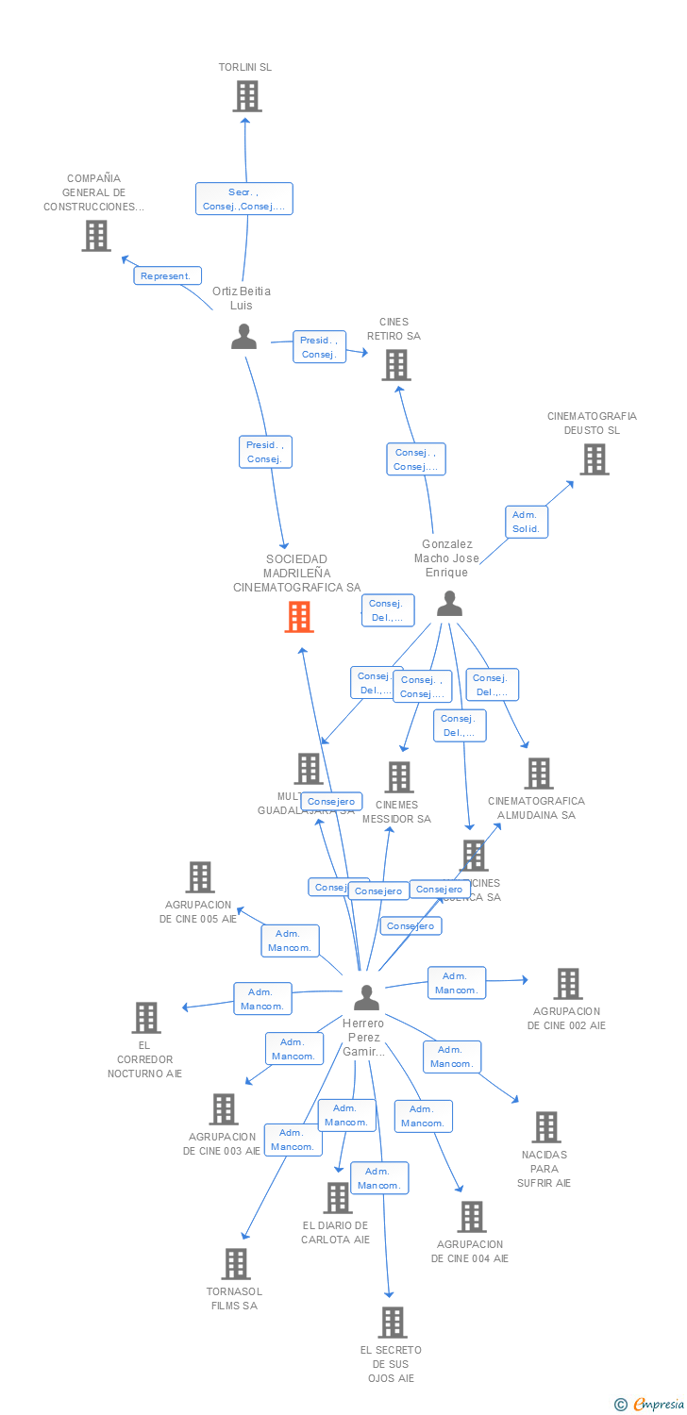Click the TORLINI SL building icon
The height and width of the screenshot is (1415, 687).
[x=247, y=96]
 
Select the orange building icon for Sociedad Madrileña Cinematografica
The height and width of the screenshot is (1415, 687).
[x=299, y=617]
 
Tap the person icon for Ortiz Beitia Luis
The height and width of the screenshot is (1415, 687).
[x=244, y=337]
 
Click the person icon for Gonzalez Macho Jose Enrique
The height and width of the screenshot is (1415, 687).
[x=449, y=604]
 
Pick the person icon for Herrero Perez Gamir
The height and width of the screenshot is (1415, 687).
[x=366, y=997]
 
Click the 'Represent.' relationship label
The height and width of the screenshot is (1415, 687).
[x=168, y=276]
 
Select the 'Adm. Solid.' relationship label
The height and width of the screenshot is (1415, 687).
[x=526, y=522]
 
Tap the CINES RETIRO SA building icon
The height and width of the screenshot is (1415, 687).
[x=396, y=365]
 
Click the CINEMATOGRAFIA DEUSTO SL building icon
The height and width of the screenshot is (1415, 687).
[x=594, y=459]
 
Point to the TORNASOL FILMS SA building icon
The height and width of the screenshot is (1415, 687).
[x=235, y=1264]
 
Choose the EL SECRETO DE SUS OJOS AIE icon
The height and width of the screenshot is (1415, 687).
[x=393, y=1323]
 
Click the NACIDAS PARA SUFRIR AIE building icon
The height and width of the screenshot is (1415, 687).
[x=546, y=1127]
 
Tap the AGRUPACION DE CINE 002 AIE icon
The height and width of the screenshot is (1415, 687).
[x=567, y=984]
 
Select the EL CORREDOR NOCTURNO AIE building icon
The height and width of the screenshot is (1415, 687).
[x=146, y=1018]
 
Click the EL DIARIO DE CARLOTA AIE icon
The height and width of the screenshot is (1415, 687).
[x=337, y=1198]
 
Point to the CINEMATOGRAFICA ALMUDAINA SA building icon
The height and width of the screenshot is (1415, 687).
[x=538, y=774]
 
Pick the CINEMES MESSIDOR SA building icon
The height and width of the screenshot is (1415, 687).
[x=399, y=777]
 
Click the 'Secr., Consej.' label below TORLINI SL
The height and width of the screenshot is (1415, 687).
[x=244, y=199]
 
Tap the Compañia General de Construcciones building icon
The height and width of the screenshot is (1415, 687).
[x=95, y=236]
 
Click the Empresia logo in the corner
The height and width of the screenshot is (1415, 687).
[x=650, y=1405]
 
